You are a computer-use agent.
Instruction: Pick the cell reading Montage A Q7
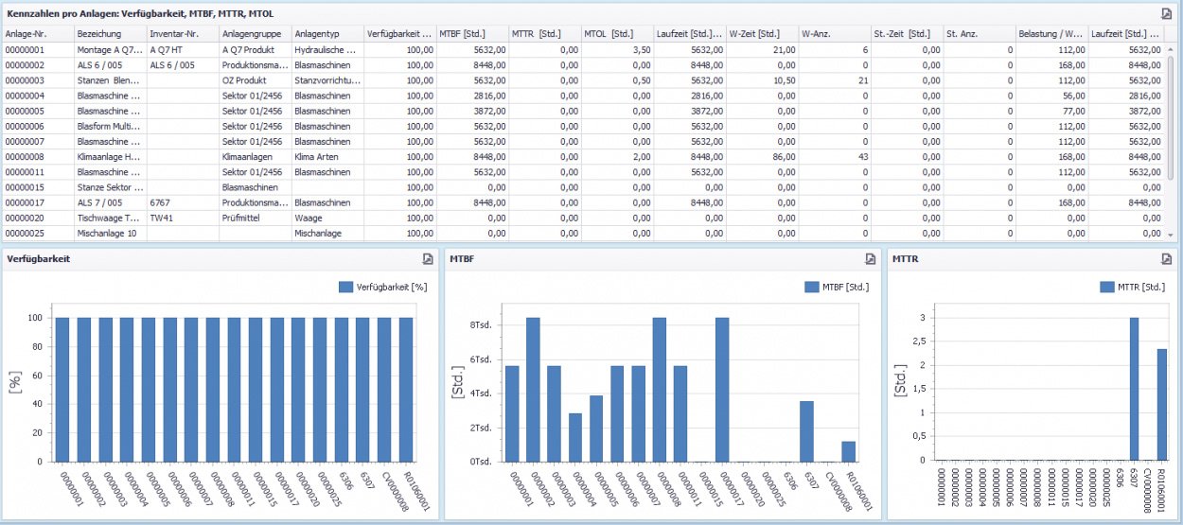click(110, 50)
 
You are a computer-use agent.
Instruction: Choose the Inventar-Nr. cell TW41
click(162, 217)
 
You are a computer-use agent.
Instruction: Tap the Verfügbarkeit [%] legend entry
click(383, 287)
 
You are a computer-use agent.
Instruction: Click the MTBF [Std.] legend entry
click(837, 287)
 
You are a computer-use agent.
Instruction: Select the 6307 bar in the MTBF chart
click(806, 431)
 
